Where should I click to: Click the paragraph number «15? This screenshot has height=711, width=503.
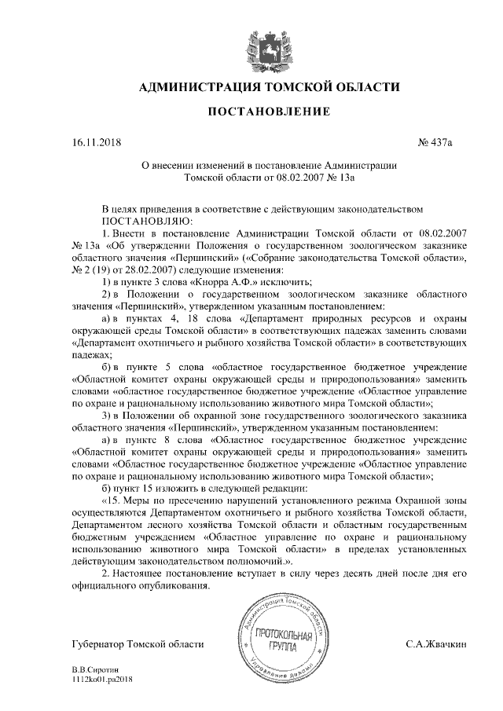pos(113,500)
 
